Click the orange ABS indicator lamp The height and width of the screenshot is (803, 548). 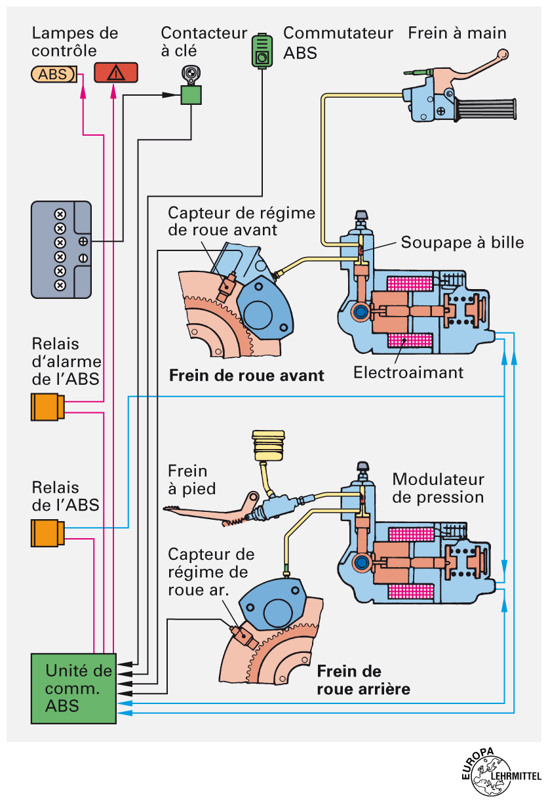[x=54, y=74]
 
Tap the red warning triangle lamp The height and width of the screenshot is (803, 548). [x=115, y=73]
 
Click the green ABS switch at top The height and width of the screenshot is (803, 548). [x=263, y=52]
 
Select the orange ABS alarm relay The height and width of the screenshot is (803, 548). [x=46, y=407]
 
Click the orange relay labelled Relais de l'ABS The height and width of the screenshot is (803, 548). [x=46, y=533]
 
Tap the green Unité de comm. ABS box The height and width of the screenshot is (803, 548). [x=73, y=688]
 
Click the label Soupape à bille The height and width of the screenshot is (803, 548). [x=462, y=243]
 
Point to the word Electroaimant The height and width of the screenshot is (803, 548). [x=408, y=373]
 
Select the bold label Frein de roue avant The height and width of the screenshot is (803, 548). [x=247, y=376]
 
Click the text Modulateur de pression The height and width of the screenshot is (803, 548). [x=438, y=488]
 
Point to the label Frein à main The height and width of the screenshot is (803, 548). [x=457, y=33]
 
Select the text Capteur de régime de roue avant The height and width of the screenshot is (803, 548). [x=241, y=222]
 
